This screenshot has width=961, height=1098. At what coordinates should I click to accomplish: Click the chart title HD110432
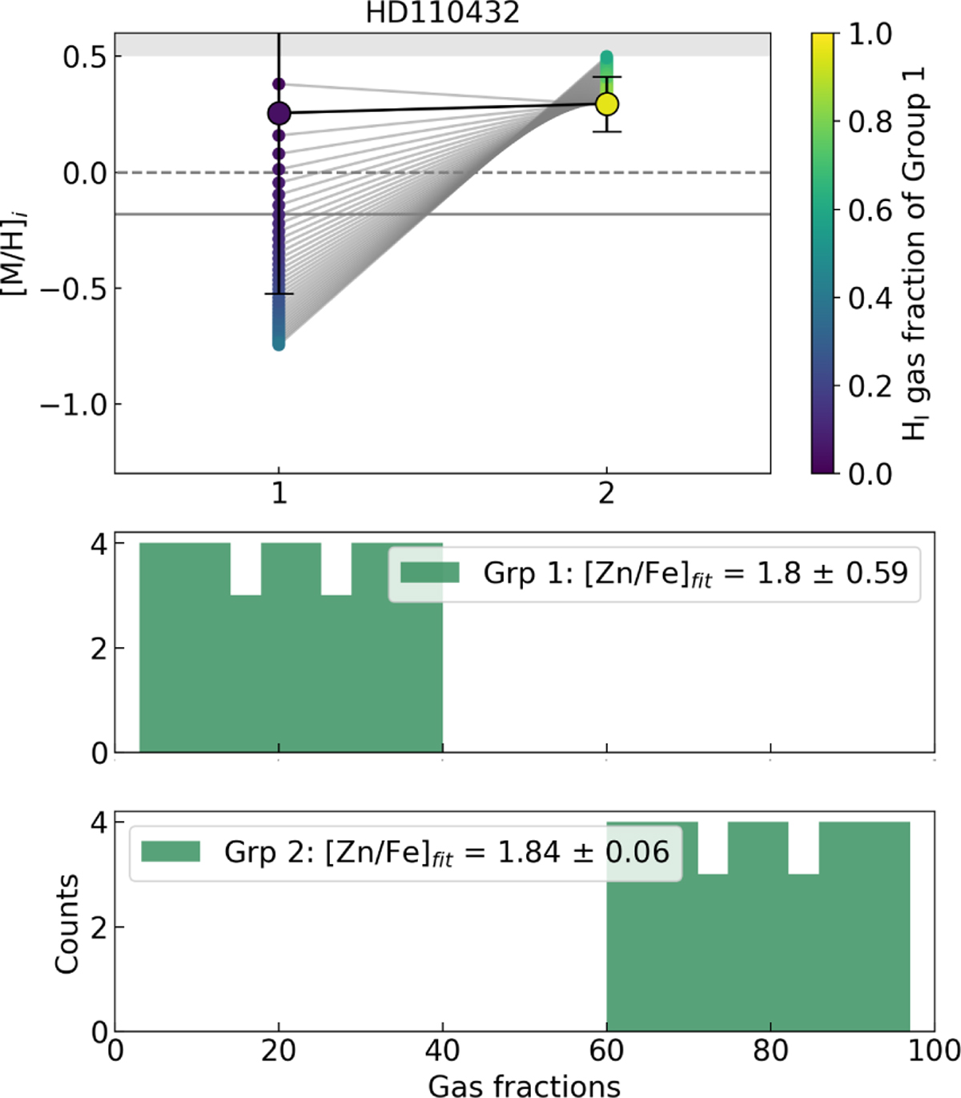pyautogui.click(x=442, y=12)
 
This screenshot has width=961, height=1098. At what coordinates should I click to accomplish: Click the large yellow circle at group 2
pyautogui.click(x=607, y=104)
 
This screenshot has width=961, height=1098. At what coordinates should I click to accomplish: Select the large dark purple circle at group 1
pyautogui.click(x=279, y=114)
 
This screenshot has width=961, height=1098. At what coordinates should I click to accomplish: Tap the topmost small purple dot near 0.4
pyautogui.click(x=279, y=84)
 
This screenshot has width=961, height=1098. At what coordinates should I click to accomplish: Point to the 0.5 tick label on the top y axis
pyautogui.click(x=85, y=58)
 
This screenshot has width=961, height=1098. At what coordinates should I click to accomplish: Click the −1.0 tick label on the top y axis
pyautogui.click(x=74, y=405)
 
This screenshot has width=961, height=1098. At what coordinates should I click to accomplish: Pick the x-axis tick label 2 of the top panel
pyautogui.click(x=606, y=493)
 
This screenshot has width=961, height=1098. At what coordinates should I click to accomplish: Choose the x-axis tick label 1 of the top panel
pyautogui.click(x=279, y=493)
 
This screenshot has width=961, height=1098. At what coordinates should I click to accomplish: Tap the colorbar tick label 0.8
pyautogui.click(x=870, y=123)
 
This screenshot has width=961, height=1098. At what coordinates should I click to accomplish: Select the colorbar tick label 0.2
pyautogui.click(x=870, y=387)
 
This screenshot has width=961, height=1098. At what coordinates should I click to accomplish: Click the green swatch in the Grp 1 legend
pyautogui.click(x=429, y=573)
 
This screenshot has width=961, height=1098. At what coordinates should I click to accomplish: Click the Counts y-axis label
pyautogui.click(x=67, y=923)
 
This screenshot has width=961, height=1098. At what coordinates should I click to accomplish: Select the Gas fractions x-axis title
pyautogui.click(x=524, y=1085)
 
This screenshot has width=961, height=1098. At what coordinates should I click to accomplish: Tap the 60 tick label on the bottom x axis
pyautogui.click(x=606, y=1050)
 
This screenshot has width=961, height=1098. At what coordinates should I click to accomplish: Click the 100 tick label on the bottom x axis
pyautogui.click(x=933, y=1050)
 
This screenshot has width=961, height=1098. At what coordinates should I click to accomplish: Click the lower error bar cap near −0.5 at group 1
pyautogui.click(x=279, y=294)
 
